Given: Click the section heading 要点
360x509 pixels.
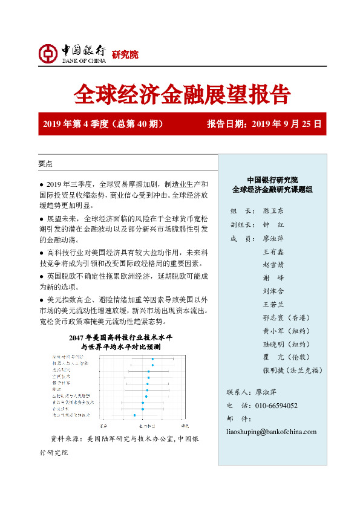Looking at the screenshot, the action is [45, 164].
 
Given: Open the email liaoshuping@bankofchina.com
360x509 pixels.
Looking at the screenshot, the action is [271, 432].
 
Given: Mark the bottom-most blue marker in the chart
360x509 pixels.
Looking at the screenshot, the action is [134, 415].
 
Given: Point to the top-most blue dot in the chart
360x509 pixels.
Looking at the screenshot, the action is [152, 359].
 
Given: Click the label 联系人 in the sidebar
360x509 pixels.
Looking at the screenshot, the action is [237, 392].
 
